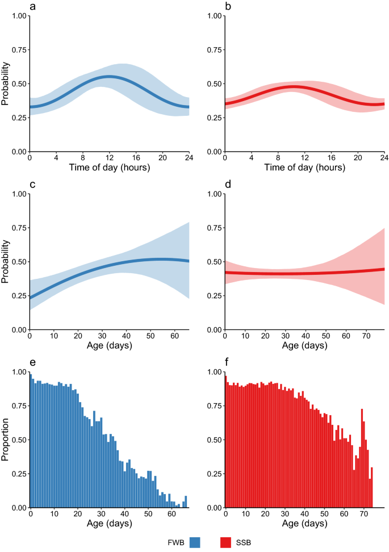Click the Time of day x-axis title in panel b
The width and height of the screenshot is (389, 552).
click(x=304, y=169)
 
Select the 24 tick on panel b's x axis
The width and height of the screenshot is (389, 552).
click(x=384, y=158)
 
